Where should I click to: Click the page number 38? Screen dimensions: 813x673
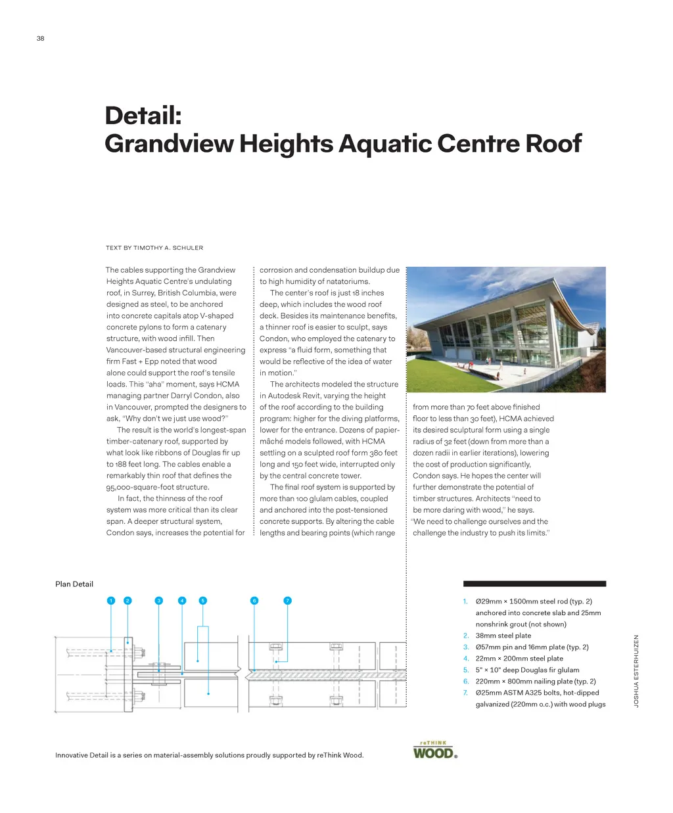40,39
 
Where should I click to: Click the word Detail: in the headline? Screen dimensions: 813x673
143,116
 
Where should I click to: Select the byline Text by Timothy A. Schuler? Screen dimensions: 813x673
154,248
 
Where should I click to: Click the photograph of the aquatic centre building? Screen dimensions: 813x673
505,329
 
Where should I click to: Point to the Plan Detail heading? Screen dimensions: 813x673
74,584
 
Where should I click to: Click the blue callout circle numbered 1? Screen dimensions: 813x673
111,601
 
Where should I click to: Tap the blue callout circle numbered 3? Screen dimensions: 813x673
158,601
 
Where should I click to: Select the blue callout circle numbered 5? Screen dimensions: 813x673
202,601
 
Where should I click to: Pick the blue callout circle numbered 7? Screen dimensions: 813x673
287,601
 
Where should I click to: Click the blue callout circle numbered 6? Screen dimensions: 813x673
254,601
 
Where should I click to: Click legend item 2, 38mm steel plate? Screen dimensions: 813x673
503,636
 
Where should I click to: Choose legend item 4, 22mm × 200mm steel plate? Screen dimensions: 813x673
519,659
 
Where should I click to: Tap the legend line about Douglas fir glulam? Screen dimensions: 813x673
527,670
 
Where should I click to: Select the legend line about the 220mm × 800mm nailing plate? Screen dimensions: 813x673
536,682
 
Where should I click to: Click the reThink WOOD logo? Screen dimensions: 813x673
434,751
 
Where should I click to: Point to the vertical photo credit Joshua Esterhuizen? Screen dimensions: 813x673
636,670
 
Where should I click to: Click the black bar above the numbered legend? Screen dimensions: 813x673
534,584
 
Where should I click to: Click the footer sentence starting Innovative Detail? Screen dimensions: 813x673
209,755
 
